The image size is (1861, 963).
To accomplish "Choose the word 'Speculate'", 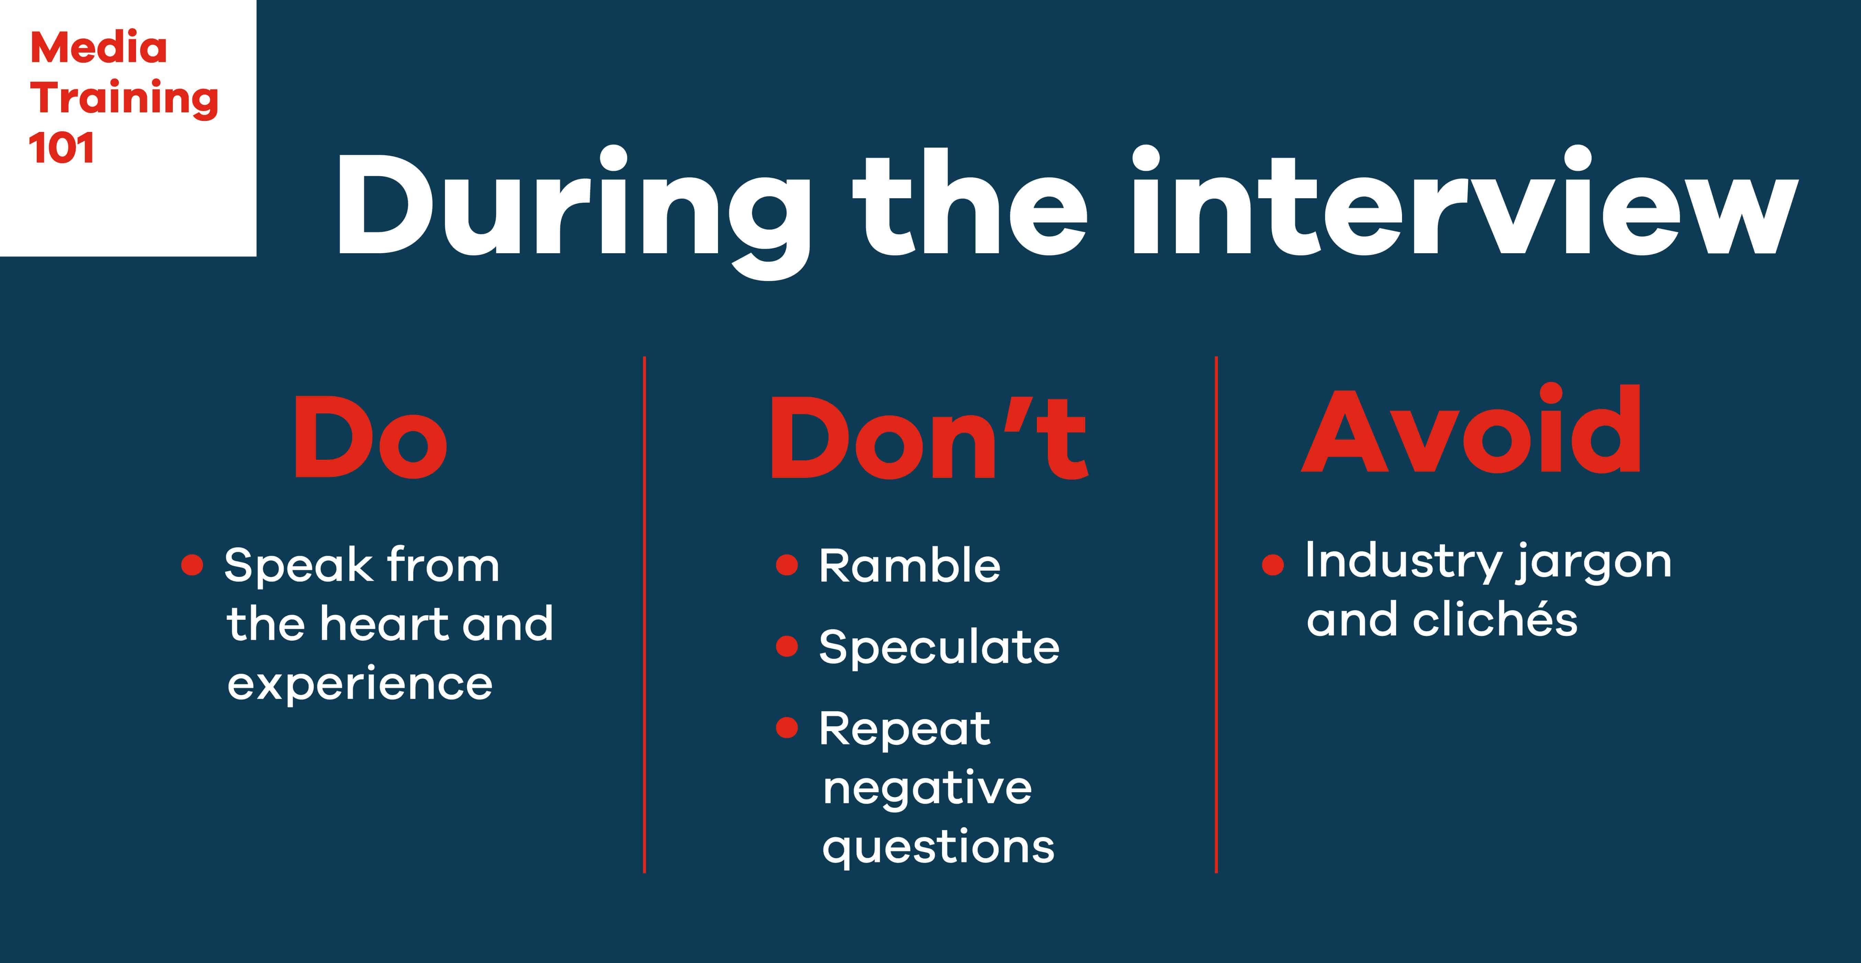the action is coord(939,647).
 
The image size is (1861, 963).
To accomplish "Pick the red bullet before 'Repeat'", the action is coord(787,728).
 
